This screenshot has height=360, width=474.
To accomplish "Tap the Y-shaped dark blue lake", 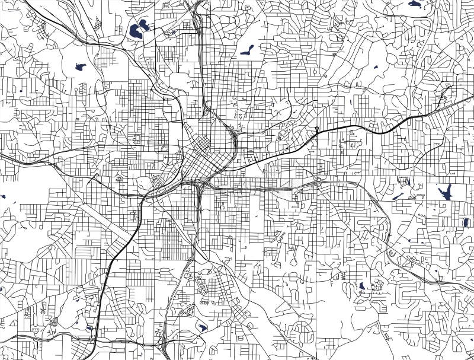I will (445, 192).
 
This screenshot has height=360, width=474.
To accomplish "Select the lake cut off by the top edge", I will (415, 4).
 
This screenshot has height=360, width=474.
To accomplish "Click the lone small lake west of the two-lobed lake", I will (79, 67).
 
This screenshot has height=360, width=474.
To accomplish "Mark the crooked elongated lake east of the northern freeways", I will (247, 50).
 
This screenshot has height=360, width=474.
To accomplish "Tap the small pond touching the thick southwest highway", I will (89, 327).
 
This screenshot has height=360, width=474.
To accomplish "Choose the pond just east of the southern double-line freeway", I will (201, 327).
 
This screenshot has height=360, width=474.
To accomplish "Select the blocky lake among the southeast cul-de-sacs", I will (361, 286).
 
